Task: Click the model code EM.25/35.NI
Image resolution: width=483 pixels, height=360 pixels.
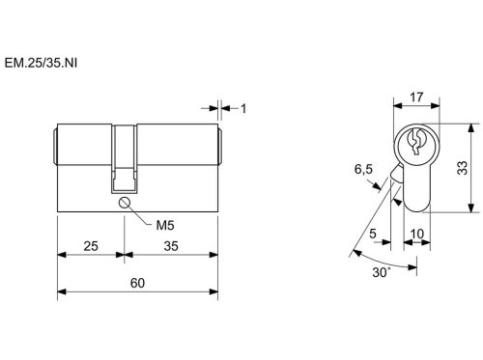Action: tap(41, 63)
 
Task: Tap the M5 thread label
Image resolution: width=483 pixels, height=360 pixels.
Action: tap(165, 226)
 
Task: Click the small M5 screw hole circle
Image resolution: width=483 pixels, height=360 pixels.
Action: tap(124, 203)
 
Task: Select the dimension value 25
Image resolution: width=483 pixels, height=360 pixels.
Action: tap(91, 246)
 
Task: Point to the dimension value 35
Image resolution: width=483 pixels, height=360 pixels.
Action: tap(171, 246)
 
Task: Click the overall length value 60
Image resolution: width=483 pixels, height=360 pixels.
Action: tap(137, 283)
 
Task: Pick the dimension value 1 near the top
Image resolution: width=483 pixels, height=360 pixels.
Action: tap(243, 109)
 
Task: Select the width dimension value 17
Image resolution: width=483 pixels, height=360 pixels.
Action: tap(416, 97)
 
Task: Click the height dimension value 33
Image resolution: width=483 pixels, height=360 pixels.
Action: tap(463, 168)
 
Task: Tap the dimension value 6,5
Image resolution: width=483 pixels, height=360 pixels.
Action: tap(363, 169)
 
